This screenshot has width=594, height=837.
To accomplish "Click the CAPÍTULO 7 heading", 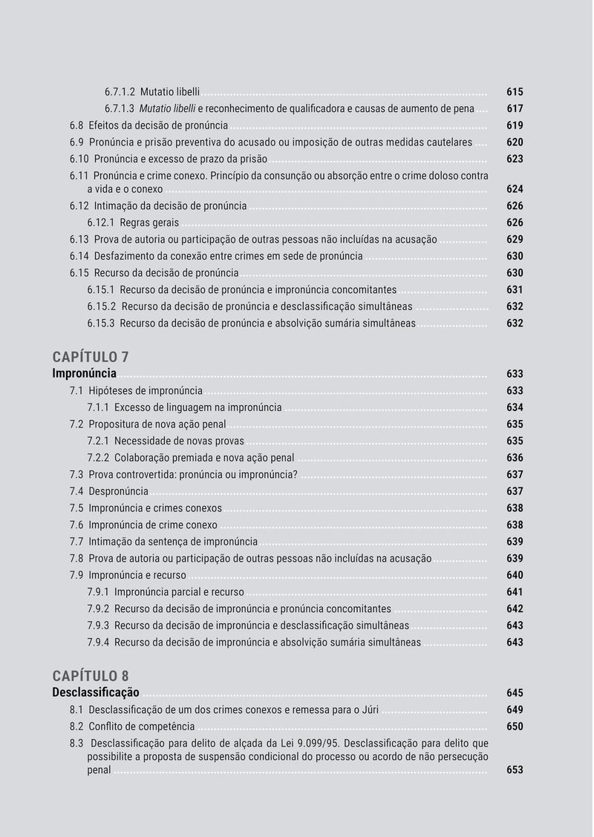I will pyautogui.click(x=91, y=357).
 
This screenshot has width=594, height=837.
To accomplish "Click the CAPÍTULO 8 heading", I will pyautogui.click(x=91, y=676).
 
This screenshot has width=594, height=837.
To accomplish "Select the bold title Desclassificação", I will pyautogui.click(x=96, y=693).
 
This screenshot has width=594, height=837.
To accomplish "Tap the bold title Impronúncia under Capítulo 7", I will pyautogui.click(x=84, y=374).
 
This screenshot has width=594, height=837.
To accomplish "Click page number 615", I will pyautogui.click(x=515, y=92).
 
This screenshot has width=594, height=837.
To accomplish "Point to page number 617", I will pyautogui.click(x=515, y=109).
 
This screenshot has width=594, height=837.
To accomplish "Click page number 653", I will pyautogui.click(x=515, y=770).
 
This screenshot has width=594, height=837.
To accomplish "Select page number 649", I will pyautogui.click(x=515, y=710).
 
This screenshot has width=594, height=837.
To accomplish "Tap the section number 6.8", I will pyautogui.click(x=77, y=125).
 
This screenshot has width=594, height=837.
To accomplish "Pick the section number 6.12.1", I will pyautogui.click(x=100, y=223).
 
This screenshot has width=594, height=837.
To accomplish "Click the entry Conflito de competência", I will pyautogui.click(x=142, y=726).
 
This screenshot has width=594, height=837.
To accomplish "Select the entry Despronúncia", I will pyautogui.click(x=119, y=491).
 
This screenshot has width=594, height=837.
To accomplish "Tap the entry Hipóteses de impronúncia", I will pyautogui.click(x=146, y=391).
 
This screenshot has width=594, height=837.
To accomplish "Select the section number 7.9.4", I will pyautogui.click(x=98, y=643).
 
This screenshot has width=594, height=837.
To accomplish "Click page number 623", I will pyautogui.click(x=515, y=159).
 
